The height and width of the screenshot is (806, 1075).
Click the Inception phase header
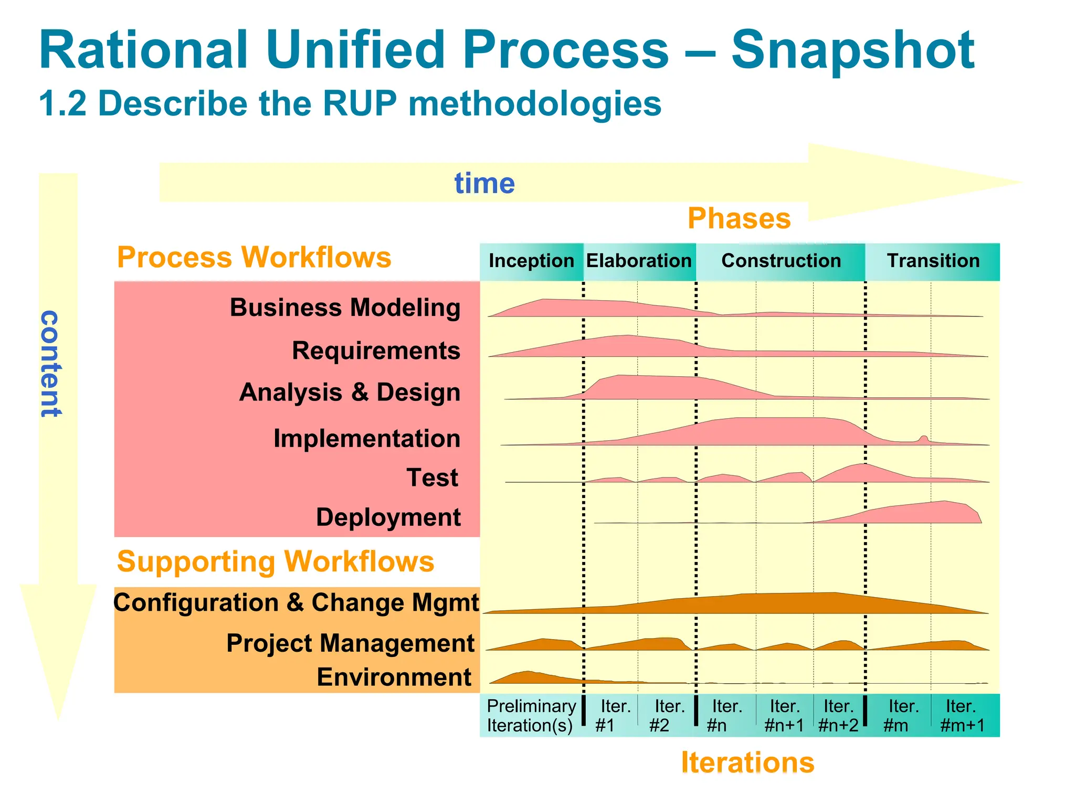[x=531, y=261]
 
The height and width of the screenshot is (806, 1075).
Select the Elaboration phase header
[x=639, y=261]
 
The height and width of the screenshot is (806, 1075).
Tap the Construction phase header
[x=781, y=261]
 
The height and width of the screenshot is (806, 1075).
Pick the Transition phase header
[x=933, y=261]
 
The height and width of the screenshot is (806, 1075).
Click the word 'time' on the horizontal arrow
[x=484, y=184]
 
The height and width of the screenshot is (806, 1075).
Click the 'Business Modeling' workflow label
[x=345, y=308]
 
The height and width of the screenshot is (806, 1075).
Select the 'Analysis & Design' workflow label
[x=350, y=393]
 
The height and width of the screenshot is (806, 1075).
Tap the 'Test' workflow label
[x=432, y=478]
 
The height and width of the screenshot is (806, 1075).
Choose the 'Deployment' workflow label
[x=388, y=517]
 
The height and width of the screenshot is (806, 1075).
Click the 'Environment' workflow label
[x=394, y=677]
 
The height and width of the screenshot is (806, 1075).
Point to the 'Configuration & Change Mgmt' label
[x=296, y=603]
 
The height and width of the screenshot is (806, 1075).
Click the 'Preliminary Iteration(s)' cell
[x=531, y=716]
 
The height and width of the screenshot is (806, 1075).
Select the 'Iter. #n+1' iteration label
[x=784, y=716]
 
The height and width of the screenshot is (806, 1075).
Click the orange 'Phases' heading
[x=739, y=219]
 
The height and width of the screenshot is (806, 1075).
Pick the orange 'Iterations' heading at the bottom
[x=747, y=762]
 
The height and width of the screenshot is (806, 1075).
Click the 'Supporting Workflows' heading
[x=276, y=561]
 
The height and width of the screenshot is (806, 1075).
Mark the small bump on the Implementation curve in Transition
[x=923, y=439]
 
